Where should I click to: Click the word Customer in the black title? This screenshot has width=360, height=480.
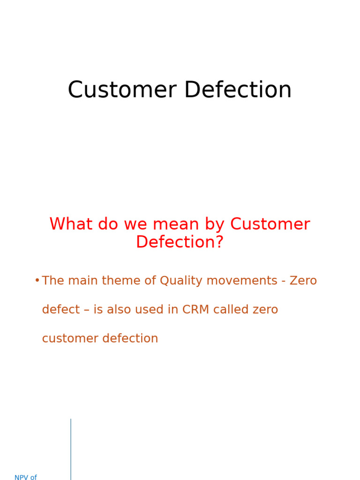(x=122, y=90)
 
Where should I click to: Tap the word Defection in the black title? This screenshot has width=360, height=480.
(x=238, y=90)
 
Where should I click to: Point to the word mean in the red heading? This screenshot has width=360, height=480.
(x=176, y=224)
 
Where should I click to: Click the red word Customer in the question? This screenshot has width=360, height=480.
(x=270, y=224)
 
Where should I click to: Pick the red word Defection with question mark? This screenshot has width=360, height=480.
(x=180, y=242)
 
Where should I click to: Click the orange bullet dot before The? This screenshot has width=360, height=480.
(x=37, y=280)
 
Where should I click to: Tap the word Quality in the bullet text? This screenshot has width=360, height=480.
(x=181, y=281)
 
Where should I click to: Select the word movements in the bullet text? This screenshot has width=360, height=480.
(x=242, y=280)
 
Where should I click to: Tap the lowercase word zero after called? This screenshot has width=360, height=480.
(x=265, y=310)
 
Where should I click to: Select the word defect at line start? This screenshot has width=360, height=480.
(x=61, y=309)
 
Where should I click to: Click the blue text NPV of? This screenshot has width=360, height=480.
(x=26, y=477)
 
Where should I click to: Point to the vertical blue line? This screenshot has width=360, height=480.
(x=71, y=450)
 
